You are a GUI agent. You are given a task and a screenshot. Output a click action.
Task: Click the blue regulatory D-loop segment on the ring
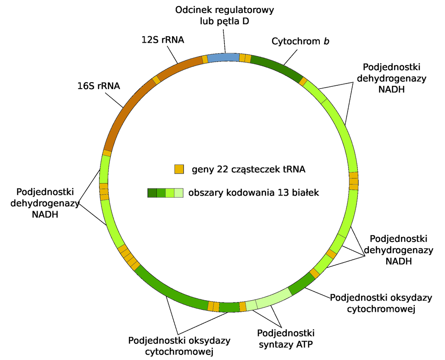point(223,58)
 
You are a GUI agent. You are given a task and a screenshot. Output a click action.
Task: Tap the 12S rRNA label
point(163,40)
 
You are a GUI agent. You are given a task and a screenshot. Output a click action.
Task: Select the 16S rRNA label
point(99,86)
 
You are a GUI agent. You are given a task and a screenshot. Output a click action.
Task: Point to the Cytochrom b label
point(300,41)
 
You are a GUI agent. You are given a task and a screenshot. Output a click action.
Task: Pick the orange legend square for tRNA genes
point(179,169)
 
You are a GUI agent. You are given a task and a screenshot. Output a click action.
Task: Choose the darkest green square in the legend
point(152,193)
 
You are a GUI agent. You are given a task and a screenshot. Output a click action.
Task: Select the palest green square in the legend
point(179,193)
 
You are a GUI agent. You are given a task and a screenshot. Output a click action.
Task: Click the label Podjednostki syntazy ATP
point(286,339)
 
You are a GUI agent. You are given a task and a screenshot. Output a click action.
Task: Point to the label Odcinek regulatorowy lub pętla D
point(225,15)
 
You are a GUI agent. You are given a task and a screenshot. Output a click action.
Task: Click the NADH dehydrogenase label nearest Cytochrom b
point(391,78)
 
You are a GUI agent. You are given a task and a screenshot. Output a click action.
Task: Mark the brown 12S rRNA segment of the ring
point(181,67)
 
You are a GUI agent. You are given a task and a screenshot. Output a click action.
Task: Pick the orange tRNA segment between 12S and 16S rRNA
point(157,80)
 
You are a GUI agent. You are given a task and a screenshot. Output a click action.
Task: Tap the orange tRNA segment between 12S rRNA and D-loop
point(205,59)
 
